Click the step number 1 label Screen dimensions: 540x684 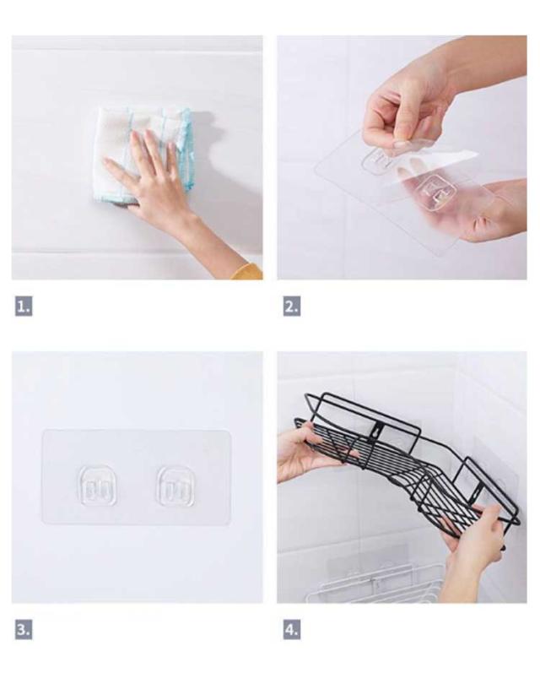coord(24,307)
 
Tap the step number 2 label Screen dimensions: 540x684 coord(292,307)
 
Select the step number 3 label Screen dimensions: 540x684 coord(24,630)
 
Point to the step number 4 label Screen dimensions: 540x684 coord(292,630)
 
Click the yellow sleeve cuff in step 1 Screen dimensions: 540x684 coord(247,272)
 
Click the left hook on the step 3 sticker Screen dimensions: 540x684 coord(97,486)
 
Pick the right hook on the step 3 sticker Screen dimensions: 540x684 coord(176,486)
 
